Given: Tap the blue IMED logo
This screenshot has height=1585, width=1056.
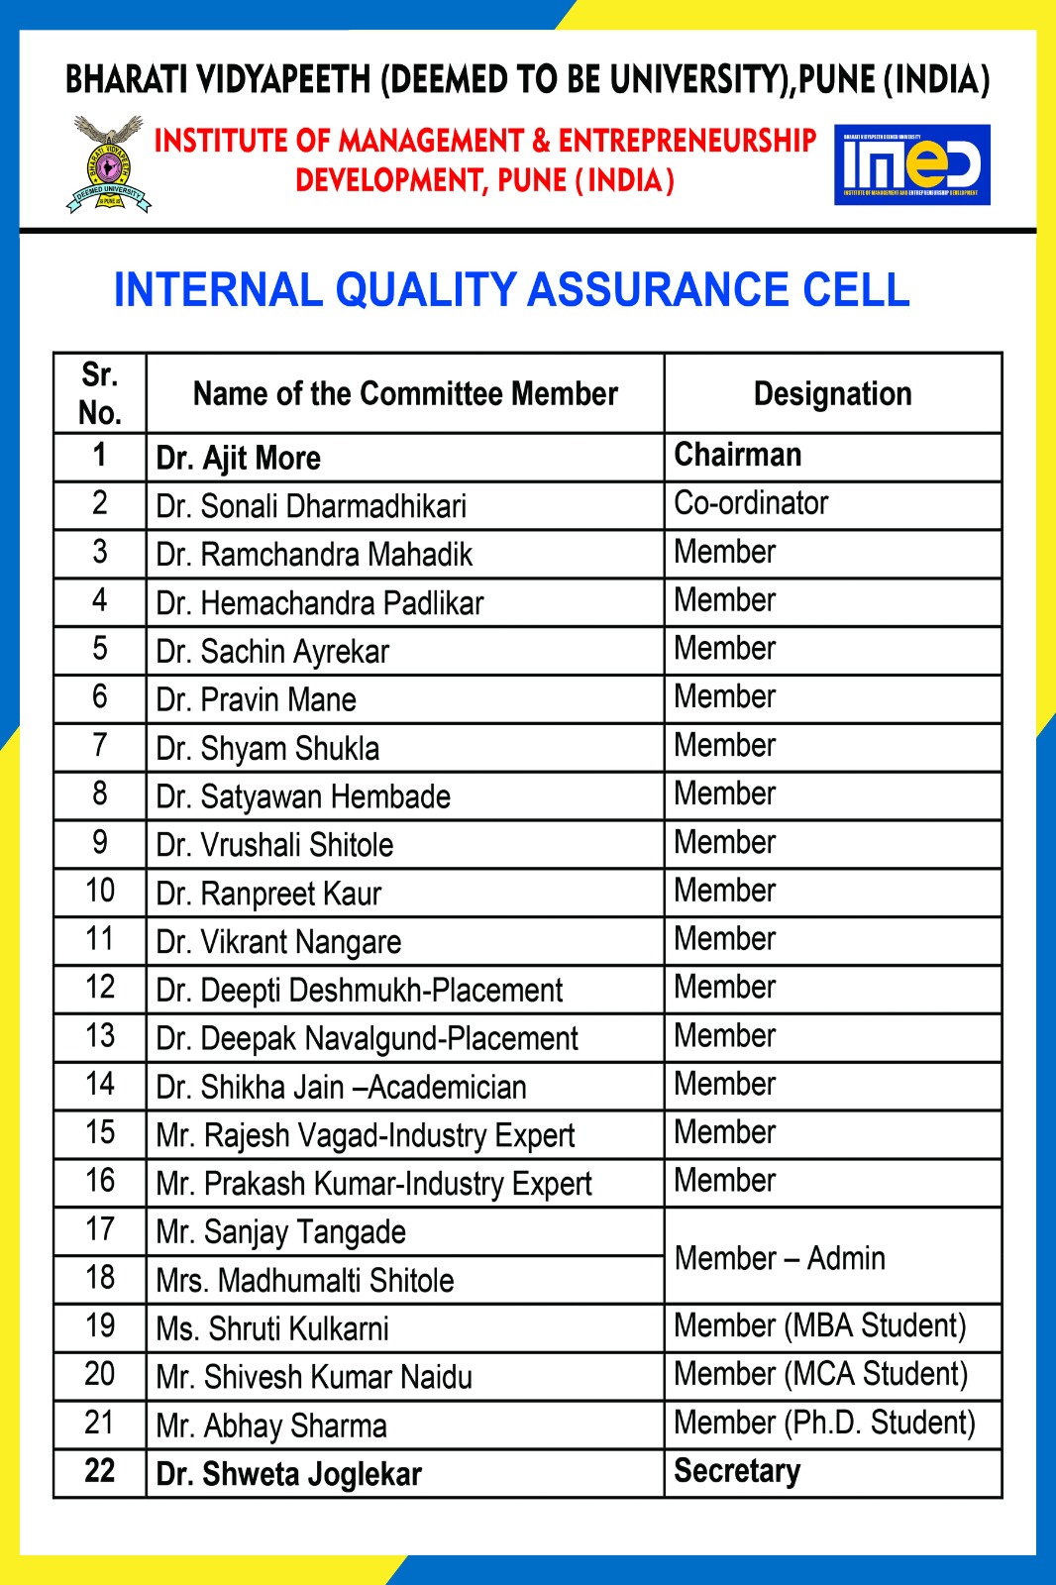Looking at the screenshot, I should coord(911,164).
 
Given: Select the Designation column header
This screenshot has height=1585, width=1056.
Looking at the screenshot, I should coord(832,394).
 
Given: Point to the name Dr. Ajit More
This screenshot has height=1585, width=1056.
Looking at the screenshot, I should coord(239,458).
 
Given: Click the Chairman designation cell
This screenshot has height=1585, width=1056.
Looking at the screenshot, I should coord(738,455).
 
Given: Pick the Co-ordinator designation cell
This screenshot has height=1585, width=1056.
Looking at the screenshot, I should coord(751,503).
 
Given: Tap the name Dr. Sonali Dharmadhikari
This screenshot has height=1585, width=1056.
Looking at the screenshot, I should coord(311,506).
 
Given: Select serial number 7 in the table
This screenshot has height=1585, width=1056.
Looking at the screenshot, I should coord(99,745).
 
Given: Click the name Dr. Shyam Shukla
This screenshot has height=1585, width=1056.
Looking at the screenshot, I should coord(267,749).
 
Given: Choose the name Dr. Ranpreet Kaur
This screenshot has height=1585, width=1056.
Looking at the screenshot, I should coord(268,894).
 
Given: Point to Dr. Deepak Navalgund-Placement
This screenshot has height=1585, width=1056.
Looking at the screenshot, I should coord(367,1039).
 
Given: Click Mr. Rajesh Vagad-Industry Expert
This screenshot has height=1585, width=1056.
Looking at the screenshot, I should coord(366,1136).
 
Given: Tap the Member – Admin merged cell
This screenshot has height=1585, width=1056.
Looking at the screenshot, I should coord(780,1258).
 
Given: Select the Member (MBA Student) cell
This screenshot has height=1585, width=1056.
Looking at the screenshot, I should coord(819,1326).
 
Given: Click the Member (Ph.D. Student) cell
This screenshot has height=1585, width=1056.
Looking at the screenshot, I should coord(824,1424).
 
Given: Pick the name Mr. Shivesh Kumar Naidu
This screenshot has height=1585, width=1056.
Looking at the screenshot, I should coord(314,1377).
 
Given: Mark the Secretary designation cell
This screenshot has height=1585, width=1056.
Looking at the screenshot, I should coord(737,1472).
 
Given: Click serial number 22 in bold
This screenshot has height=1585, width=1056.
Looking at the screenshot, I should coord(99,1471).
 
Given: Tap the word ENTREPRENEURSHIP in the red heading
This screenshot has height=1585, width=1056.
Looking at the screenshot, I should coord(686,141).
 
